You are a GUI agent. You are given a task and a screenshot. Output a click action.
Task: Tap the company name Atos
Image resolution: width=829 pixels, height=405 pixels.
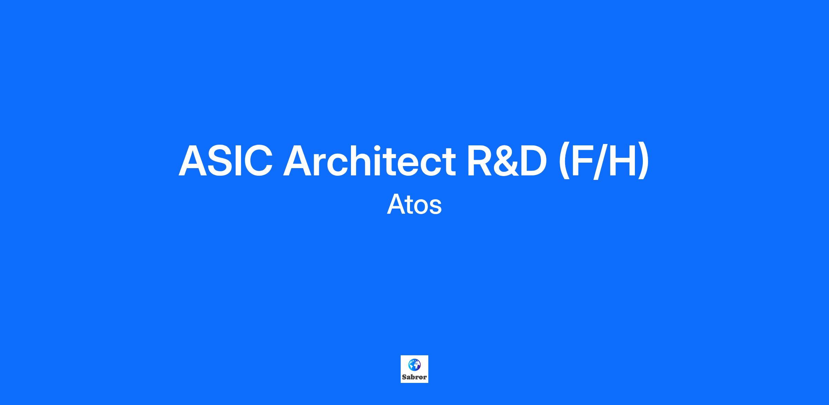414,204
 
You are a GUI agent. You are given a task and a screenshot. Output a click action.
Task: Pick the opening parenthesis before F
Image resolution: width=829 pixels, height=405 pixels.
564,162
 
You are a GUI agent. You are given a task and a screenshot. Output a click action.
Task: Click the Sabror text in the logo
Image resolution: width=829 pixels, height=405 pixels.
414,377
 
